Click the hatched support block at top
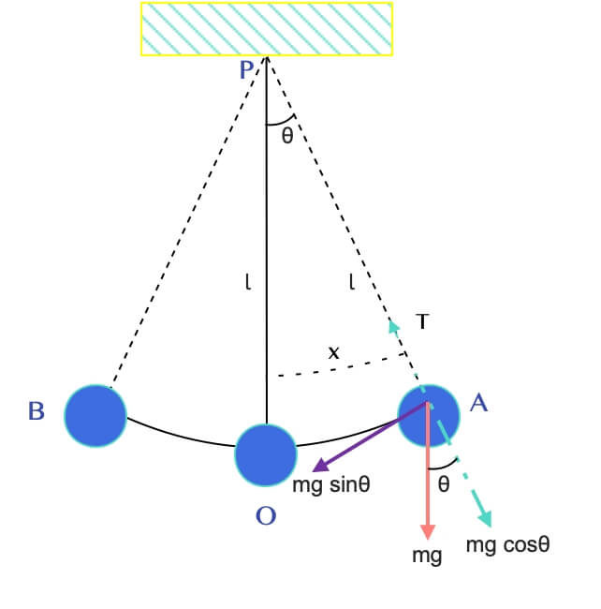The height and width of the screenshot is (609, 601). coord(267,28)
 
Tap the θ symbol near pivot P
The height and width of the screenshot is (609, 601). coord(286,136)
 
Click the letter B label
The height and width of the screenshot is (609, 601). coord(37,411)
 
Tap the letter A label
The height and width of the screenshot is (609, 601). coord(478,404)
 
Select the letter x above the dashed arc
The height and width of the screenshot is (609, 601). coord(333,353)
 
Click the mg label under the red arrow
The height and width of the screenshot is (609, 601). coord(427,555)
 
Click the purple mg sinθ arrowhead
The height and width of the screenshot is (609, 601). coord(316,469)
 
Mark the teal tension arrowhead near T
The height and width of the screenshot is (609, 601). coord(394,324)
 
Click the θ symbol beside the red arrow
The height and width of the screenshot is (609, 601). coord(444,485)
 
